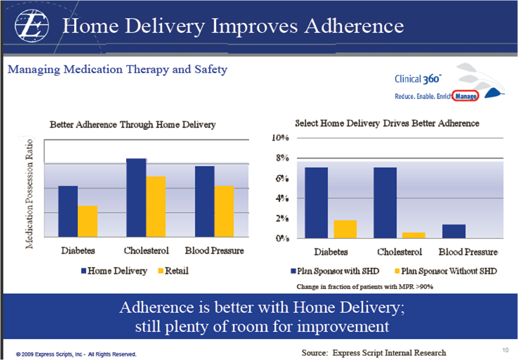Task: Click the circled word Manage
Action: (465, 96)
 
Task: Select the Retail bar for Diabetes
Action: (88, 221)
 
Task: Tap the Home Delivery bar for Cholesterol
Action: (136, 197)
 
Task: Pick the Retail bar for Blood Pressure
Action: (224, 211)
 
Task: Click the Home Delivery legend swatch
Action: (84, 271)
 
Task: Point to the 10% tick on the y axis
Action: (280, 138)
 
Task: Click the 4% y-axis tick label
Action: (281, 198)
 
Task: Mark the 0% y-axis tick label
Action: (281, 238)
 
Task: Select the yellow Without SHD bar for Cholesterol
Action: (414, 235)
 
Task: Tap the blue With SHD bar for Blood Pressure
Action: (454, 231)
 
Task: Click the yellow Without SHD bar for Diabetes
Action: (345, 229)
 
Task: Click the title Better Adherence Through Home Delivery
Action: (132, 124)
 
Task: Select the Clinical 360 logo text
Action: (417, 80)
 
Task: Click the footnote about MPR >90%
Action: (365, 286)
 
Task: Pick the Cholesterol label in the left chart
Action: (146, 251)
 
